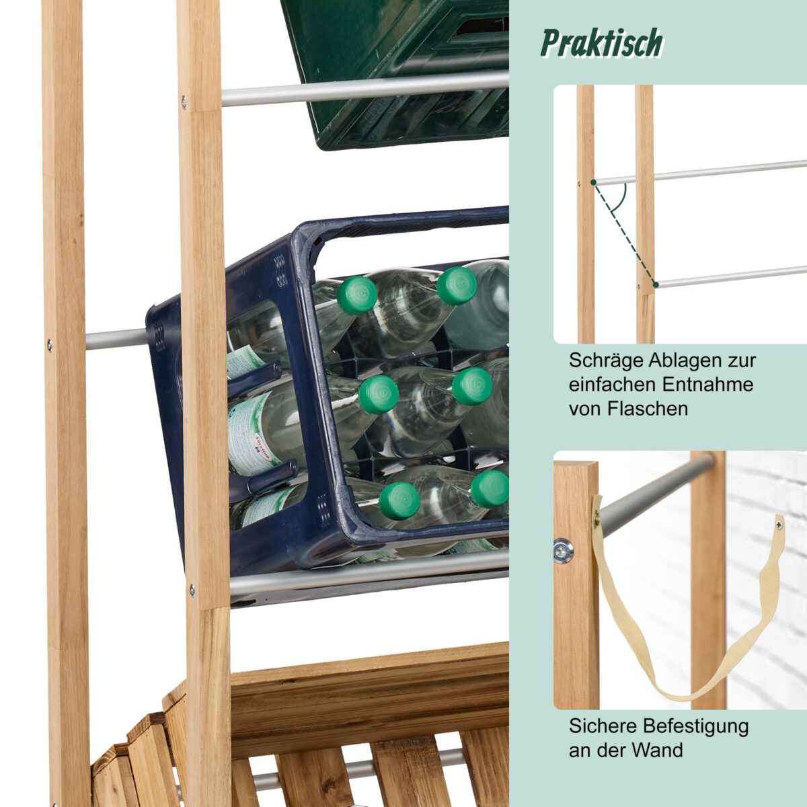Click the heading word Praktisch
(602, 43)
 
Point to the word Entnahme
(707, 385)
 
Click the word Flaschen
(648, 409)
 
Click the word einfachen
(613, 385)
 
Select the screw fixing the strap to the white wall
(779, 523)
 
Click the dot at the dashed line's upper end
(593, 182)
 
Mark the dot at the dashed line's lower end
(656, 284)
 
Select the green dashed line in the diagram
(624, 233)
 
